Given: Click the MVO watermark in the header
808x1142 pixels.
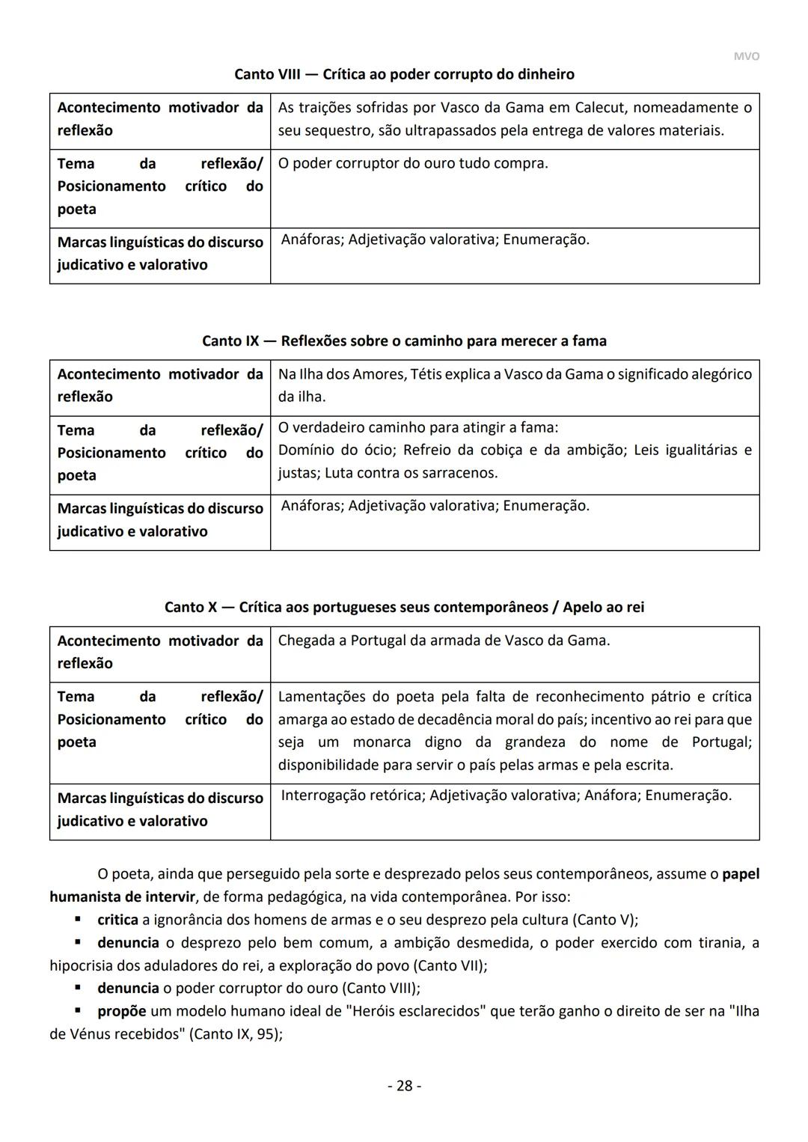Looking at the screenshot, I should click(746, 56).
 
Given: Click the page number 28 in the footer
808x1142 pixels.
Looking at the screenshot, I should click(404, 1085).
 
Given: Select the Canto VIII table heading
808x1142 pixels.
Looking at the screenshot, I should click(404, 74).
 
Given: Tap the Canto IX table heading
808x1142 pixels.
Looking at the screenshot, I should click(404, 341).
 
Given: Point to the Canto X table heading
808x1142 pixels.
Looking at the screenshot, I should click(404, 607).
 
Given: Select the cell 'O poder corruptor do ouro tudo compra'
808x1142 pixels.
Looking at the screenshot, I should click(413, 163).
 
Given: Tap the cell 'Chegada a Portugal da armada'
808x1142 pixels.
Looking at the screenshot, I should click(444, 641).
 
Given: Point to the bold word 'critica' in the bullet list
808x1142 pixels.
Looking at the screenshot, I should click(117, 919).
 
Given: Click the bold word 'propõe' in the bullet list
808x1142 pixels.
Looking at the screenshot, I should click(121, 1011).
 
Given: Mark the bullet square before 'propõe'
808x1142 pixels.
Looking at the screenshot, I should click(77, 1011).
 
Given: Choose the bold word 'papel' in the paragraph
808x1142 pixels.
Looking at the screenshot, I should click(741, 873).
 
